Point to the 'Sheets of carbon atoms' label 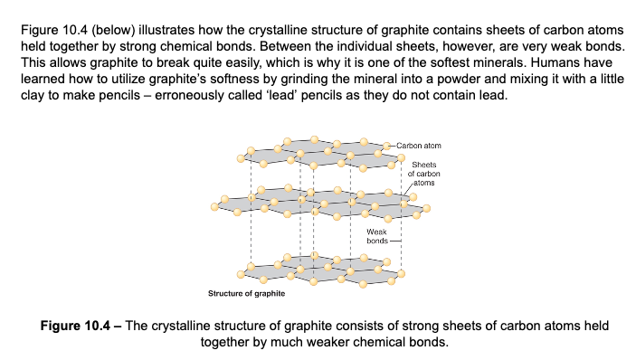[x=424, y=173]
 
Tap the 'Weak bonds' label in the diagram [x=377, y=237]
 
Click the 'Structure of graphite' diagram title [x=246, y=294]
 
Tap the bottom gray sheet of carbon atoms [x=317, y=270]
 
